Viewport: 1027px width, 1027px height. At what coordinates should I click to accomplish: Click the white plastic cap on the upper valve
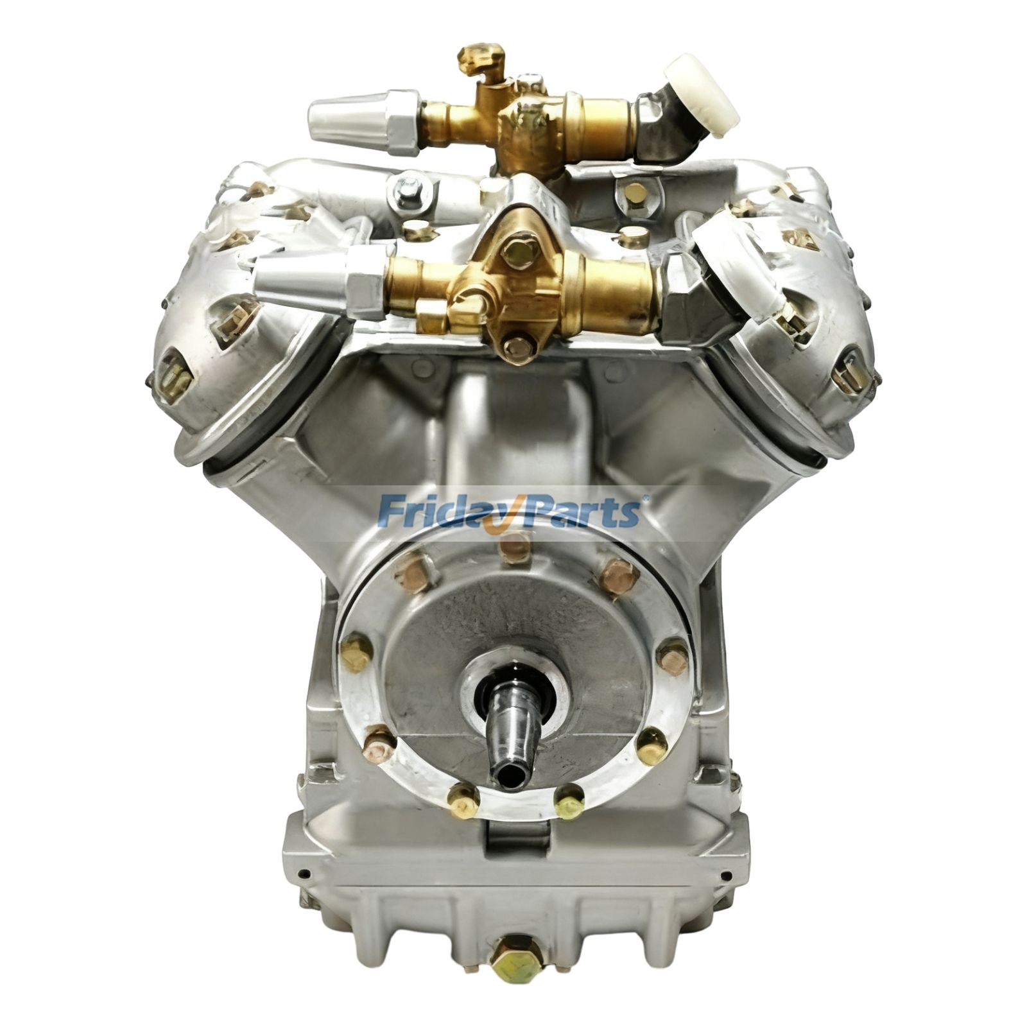[701, 91]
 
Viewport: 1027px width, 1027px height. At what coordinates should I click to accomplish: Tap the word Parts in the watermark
[581, 510]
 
